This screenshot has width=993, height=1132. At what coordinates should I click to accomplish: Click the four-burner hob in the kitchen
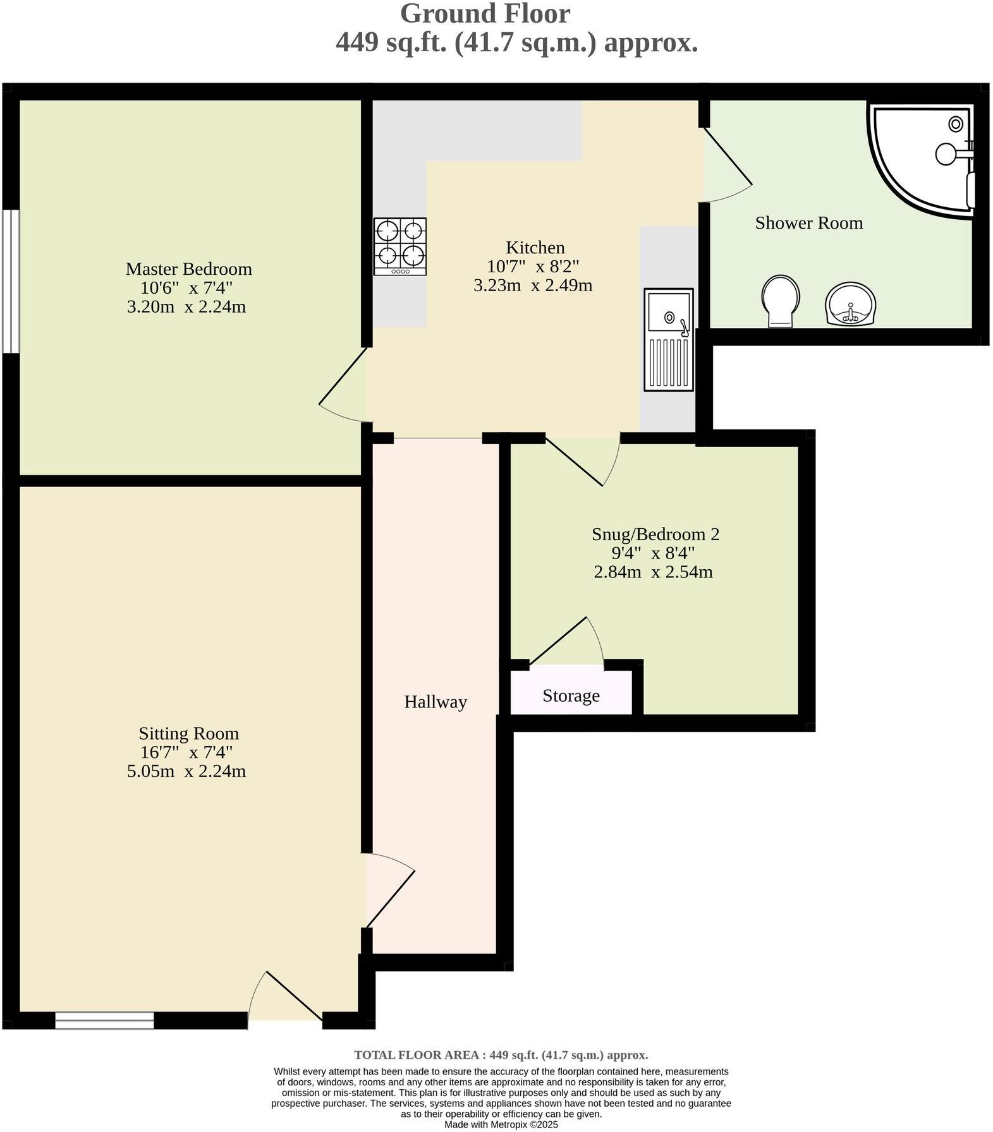tap(399, 246)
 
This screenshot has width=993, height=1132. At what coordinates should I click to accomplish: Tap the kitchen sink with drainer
tap(669, 339)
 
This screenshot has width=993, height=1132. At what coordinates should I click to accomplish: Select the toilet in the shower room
tap(781, 301)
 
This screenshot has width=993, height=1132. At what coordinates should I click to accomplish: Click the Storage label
tap(571, 696)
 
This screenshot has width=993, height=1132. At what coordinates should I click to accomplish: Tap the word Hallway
tap(435, 702)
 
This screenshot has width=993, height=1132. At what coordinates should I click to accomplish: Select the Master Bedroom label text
tap(188, 269)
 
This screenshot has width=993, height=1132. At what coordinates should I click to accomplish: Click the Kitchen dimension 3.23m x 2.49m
tap(533, 286)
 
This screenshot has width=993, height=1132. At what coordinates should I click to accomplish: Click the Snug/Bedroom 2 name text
tap(655, 534)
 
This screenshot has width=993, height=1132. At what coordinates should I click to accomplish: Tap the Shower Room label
tap(808, 223)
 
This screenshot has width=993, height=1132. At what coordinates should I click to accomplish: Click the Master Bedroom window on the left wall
tap(10, 281)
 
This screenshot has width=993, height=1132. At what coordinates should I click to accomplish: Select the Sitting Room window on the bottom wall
tap(104, 1020)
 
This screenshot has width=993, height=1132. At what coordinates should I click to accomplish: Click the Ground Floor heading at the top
tap(485, 14)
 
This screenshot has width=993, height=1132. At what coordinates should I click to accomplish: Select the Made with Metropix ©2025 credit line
tap(501, 1124)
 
